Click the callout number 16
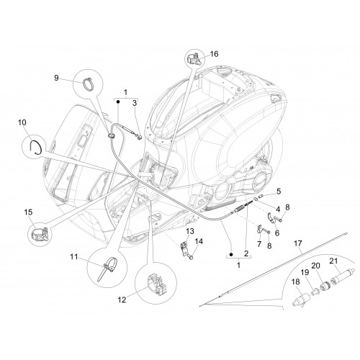coord(214,54)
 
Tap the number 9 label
coord(56,78)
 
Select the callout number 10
coord(22,122)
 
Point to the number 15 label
coord(28,212)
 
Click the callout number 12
coord(122,300)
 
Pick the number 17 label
coord(297,243)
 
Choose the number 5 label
coord(279,192)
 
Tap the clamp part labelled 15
coord(40,234)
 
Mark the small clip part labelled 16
coord(194,60)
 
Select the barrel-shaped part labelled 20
coord(325,286)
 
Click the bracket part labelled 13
coord(184,248)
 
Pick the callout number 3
coord(135,103)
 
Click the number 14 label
coord(199,241)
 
